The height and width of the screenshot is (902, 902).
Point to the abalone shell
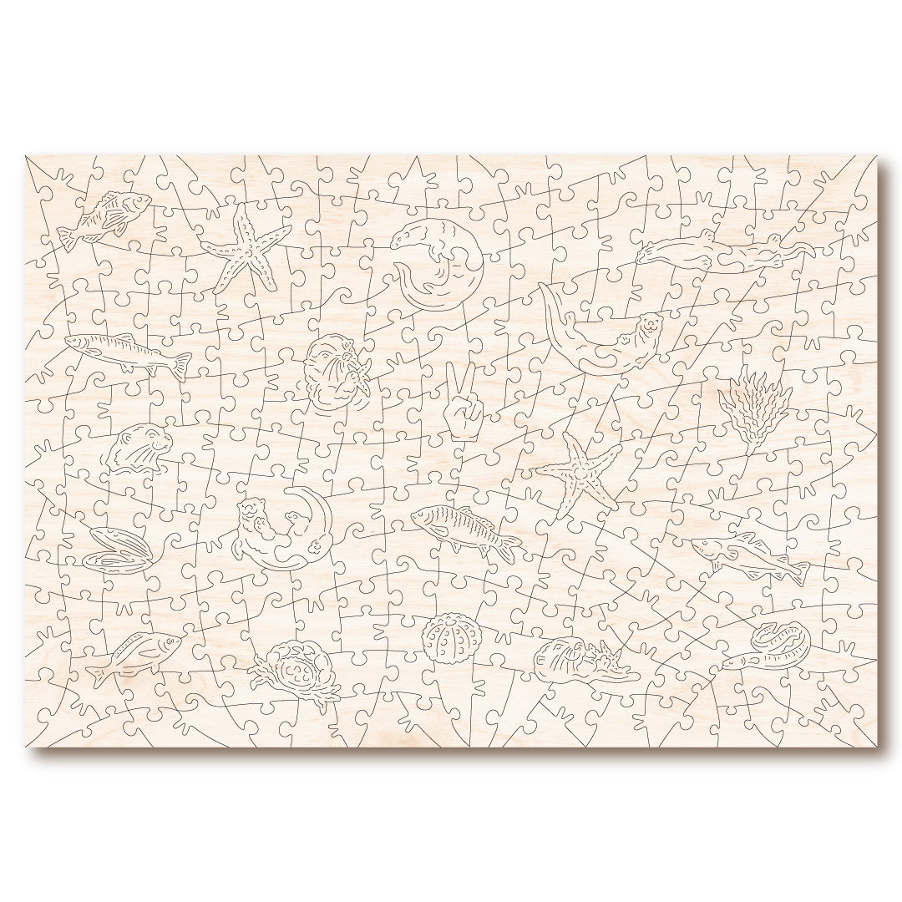point(781,641)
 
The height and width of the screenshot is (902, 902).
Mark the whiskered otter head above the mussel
point(138,447)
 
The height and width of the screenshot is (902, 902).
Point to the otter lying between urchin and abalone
point(581,659)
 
